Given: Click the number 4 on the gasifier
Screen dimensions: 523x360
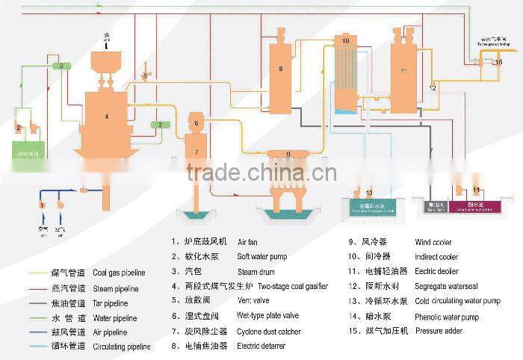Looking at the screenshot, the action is [107, 117].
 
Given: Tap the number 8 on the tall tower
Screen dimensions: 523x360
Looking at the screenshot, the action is [280, 69].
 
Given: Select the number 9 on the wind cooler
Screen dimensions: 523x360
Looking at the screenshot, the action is [288, 154].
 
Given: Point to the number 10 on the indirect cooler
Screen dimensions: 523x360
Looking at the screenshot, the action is [345, 40].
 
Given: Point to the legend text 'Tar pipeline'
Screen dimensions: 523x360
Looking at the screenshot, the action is [110, 303].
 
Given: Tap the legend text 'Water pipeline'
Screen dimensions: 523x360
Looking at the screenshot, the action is [114, 318].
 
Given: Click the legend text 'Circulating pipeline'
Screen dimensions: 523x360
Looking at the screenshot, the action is [121, 347].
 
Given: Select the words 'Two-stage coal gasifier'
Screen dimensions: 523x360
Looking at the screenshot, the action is [292, 286].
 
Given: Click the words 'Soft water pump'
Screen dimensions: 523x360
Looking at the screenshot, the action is [262, 257].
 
